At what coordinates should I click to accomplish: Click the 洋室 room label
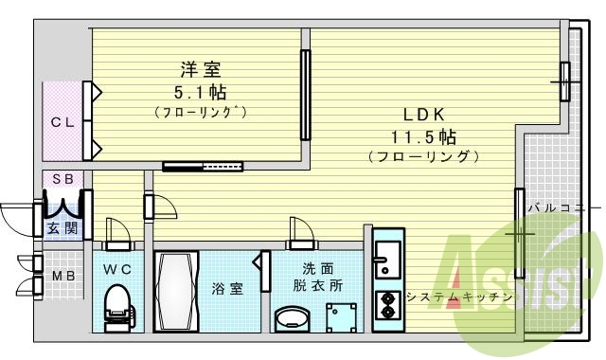point(201,70)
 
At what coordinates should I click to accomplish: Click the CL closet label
point(62,121)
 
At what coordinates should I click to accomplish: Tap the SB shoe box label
point(62,179)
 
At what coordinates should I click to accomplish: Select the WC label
point(118,270)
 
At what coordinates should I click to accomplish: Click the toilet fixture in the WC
point(116,308)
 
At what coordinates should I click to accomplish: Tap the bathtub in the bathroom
point(176,291)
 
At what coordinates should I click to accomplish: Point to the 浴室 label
point(227,289)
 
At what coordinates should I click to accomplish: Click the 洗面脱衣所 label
point(317,277)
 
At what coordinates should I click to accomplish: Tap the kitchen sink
point(387,255)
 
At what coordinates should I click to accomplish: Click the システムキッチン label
point(459,297)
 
